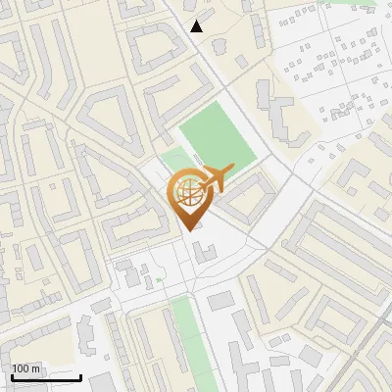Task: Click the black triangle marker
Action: [197, 26]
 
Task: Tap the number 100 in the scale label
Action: [22, 368]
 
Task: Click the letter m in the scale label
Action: [37, 368]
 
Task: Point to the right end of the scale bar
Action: [80, 377]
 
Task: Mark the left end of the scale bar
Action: [11, 377]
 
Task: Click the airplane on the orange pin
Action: [214, 178]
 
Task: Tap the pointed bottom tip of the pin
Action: [190, 230]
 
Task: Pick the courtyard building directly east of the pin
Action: [245, 196]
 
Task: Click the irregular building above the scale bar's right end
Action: [83, 338]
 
